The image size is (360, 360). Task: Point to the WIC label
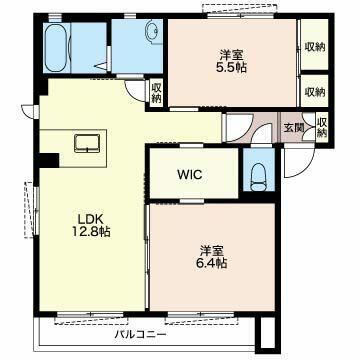191,174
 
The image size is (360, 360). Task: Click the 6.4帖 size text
212,264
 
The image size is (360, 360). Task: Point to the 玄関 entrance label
292,127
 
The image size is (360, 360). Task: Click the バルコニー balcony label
140,335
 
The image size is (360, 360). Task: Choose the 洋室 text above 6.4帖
212,249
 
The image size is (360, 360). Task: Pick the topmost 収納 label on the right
314,46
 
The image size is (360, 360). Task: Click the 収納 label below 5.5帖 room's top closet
314,91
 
